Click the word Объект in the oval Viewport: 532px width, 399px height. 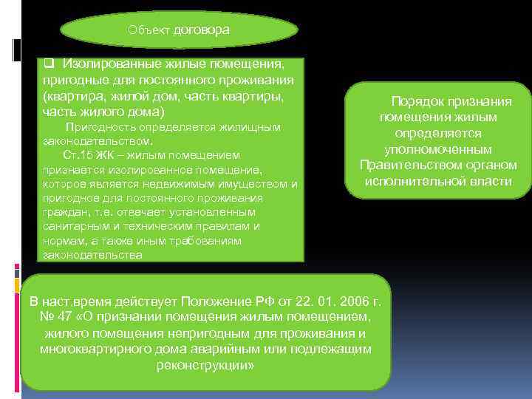point(149,30)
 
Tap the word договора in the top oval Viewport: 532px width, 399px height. point(202,30)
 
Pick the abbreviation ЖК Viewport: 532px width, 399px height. point(109,155)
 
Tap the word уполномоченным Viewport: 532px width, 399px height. point(437,149)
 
